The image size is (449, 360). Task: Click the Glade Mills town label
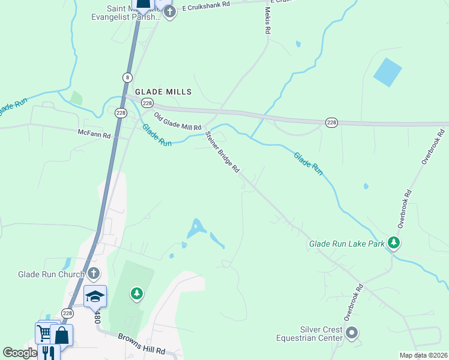pos(163,92)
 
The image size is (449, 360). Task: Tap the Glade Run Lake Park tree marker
pos(394,243)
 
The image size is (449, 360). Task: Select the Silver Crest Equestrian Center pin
pos(352,332)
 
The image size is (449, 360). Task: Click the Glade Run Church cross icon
pos(93,275)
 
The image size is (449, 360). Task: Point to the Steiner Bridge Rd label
pos(223,152)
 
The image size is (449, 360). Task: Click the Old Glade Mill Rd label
pos(177,121)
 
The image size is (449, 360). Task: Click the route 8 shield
pos(127,77)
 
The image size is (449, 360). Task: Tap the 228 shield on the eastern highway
pos(331,122)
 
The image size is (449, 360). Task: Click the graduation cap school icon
pos(95,296)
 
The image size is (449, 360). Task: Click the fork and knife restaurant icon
pos(48,353)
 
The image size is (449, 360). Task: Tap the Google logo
pos(19,353)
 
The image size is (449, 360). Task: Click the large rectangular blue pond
pos(387,73)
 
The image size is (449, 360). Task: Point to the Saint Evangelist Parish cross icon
pos(170,12)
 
